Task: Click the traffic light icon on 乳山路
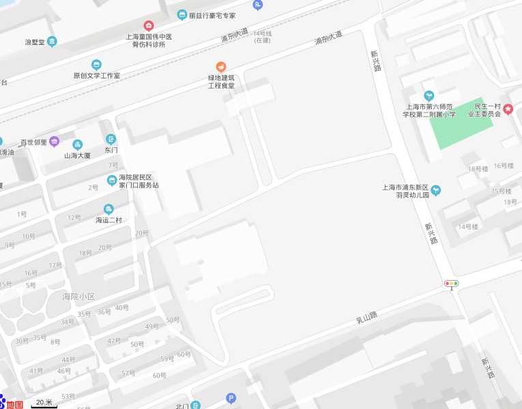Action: [x=451, y=284]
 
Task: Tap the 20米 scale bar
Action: [x=44, y=404]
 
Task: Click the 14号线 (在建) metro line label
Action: [x=262, y=37]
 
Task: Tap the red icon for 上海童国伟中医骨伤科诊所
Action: [x=149, y=26]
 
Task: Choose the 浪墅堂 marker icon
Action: [x=52, y=42]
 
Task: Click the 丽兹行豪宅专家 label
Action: [x=212, y=15]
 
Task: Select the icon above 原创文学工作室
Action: [x=96, y=65]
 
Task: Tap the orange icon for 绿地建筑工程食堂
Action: [x=221, y=67]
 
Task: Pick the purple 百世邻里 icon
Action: [x=55, y=142]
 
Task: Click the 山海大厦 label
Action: [x=77, y=155]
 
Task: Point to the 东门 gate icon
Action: [x=111, y=139]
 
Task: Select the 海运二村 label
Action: [x=108, y=220]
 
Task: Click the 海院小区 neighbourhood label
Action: [x=78, y=297]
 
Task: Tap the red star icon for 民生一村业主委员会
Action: [x=508, y=109]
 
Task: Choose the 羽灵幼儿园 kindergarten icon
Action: [x=435, y=190]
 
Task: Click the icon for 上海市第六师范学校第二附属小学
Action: [x=429, y=96]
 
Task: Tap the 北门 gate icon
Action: [x=196, y=406]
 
